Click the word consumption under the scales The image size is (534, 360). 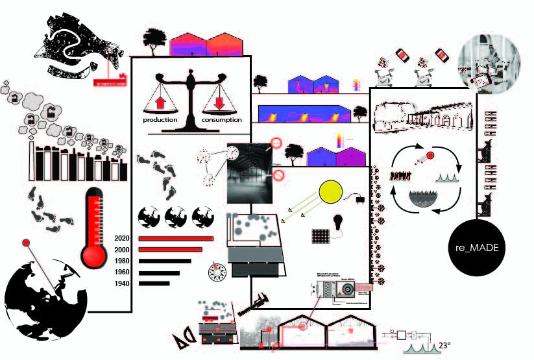(221, 121)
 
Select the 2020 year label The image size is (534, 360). (122, 238)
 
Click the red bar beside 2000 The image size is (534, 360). (176, 250)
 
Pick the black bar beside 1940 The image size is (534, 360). (153, 283)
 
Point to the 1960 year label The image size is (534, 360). (122, 272)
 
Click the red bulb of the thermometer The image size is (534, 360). (95, 255)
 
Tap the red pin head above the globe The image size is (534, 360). (26, 243)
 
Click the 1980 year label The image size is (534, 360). (122, 261)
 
